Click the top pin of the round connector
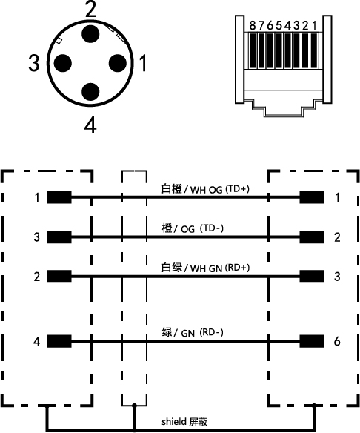coord(90,34)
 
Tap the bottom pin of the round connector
coord(90,92)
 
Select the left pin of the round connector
coord(63,63)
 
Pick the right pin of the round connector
coord(118,63)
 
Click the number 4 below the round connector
coord(90,125)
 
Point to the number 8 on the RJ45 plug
coord(253,26)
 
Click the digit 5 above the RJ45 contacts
coord(279,26)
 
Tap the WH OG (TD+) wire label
coord(220,190)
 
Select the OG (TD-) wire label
coord(202,228)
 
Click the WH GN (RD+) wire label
coord(220,268)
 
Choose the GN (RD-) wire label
coord(202,333)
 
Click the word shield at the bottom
coord(174,421)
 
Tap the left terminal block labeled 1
coord(59,197)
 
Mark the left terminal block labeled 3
coord(59,237)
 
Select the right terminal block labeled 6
coord(312,341)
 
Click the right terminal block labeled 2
coord(312,237)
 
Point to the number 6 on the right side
coord(337,341)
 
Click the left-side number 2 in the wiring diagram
coord(37,277)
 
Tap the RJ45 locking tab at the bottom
coord(283,108)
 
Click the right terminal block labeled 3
coord(312,276)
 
